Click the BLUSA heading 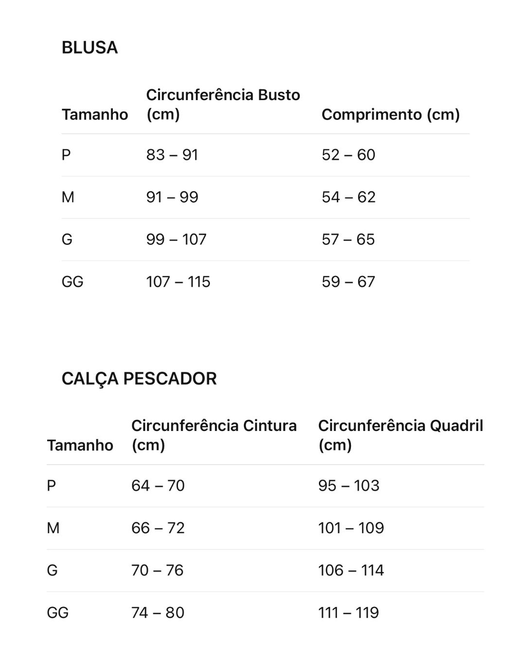coord(89,48)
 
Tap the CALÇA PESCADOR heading coord(139,379)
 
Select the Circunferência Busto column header coord(223,104)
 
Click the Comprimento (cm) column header coord(390,114)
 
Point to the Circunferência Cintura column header coord(214,435)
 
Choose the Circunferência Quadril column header coord(401,435)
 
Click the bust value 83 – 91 coord(172,155)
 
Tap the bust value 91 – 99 coord(172,197)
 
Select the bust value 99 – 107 coord(176,240)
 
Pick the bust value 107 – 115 coord(178,282)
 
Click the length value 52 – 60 coord(348,155)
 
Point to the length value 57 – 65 coord(348,240)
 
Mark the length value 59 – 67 coord(348,282)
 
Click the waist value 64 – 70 coord(158,485)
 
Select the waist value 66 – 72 coord(158,528)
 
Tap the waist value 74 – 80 coord(158,612)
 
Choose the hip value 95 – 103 coord(349,485)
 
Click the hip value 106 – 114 coord(351,570)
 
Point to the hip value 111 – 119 coord(349,612)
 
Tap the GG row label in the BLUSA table coord(72,282)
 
